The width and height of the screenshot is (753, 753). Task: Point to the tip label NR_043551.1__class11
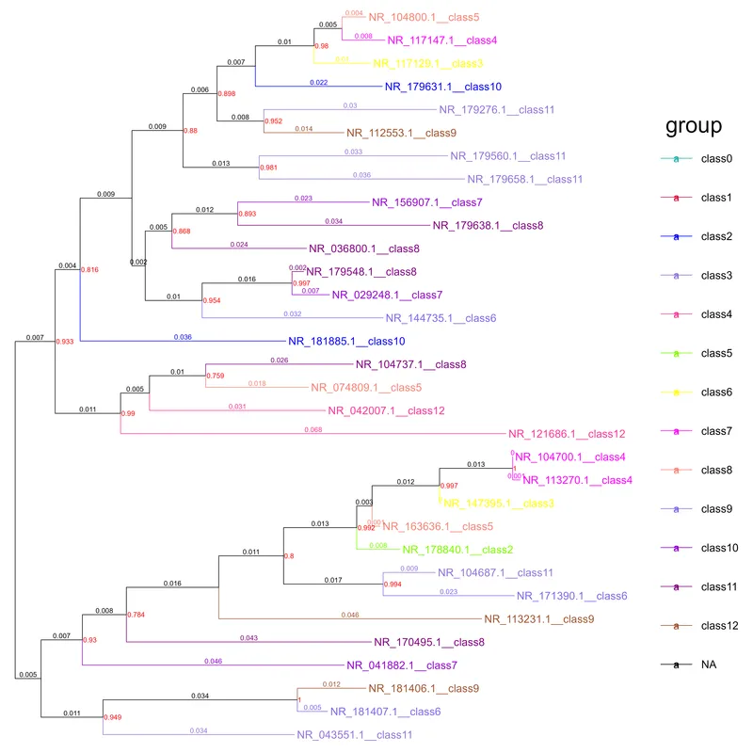354,734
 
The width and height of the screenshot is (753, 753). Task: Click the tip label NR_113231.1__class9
539,619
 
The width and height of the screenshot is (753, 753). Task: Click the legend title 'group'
693,126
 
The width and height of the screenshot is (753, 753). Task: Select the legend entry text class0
716,159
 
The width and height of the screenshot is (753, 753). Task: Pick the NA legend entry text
708,665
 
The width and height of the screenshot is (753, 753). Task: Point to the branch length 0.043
248,639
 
